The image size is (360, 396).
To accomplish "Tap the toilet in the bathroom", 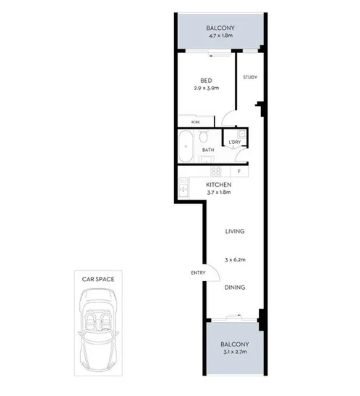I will pos(206,137).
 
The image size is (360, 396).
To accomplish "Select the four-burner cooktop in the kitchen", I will pos(215,171).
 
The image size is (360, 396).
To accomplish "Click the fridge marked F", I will pos(238,171).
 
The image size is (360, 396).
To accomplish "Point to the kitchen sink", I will pos(181,187).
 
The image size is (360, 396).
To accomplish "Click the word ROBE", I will pos(196,122).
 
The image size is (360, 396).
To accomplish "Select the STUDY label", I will pos(250,78).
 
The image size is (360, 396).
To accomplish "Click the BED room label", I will pos(207,81).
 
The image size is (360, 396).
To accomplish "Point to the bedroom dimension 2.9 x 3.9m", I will pos(207,89).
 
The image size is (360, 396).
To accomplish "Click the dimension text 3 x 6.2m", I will pos(234,259).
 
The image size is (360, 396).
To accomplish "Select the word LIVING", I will pos(234,232).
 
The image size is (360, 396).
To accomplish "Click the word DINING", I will pos(234,288).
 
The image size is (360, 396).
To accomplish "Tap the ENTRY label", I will pos(197,274).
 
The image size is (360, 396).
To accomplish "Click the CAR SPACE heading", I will pos(102,278).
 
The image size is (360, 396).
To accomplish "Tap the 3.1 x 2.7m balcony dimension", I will pos(235,352).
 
